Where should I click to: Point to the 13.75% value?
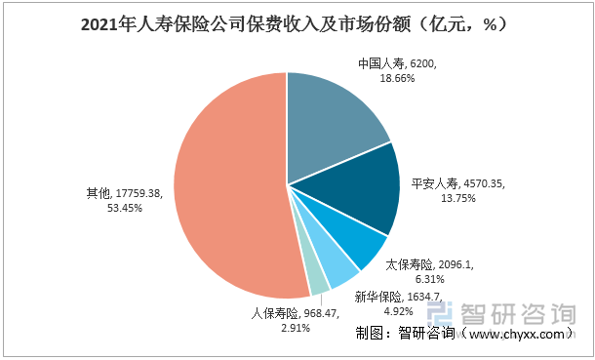[x=432, y=197]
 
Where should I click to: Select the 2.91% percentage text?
[x=269, y=329]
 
